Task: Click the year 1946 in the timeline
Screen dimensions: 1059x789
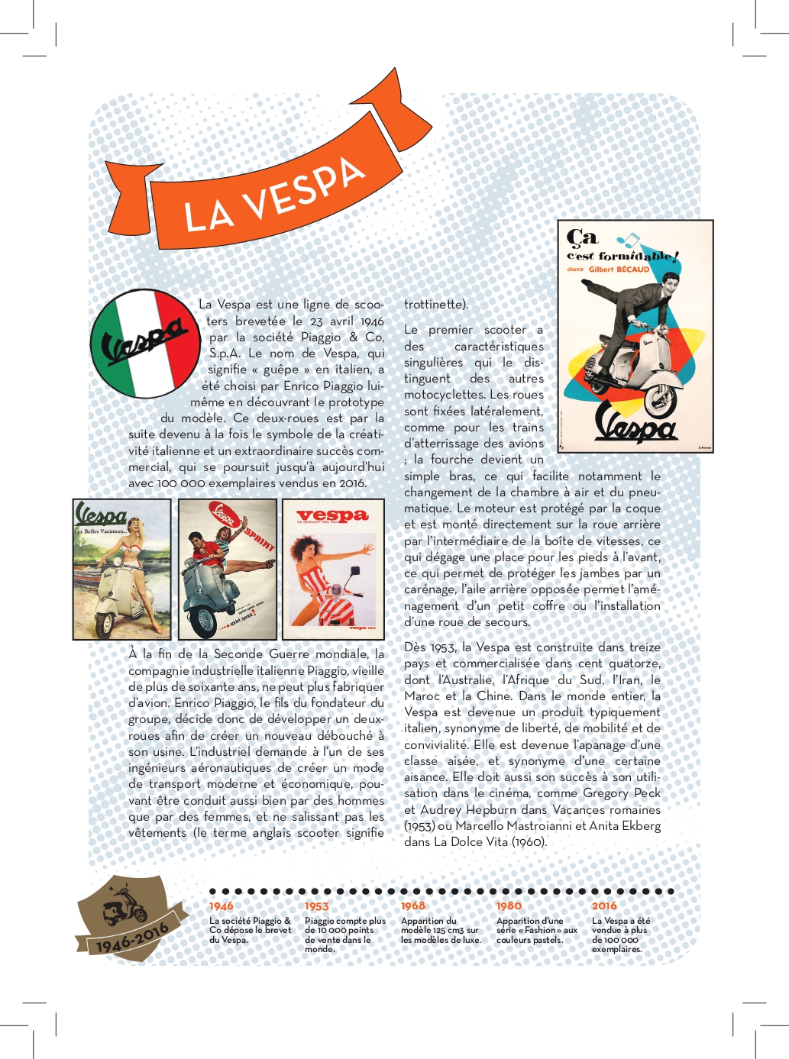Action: [x=222, y=906]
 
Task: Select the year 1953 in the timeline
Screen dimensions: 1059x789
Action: [x=317, y=906]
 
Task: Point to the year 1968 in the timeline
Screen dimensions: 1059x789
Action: [x=413, y=906]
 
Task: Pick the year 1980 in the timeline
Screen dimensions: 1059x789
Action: [x=509, y=906]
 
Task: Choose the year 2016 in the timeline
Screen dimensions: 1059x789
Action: [x=604, y=906]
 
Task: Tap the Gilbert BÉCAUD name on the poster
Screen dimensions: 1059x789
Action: [x=619, y=270]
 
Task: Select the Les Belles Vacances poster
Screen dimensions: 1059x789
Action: [x=122, y=569]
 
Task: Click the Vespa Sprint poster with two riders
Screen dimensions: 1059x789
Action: [x=228, y=569]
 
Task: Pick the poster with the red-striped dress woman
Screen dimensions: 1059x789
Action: [x=334, y=569]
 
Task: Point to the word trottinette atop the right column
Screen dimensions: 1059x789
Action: [x=434, y=305]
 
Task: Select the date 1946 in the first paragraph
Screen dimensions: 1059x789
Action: [x=372, y=321]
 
